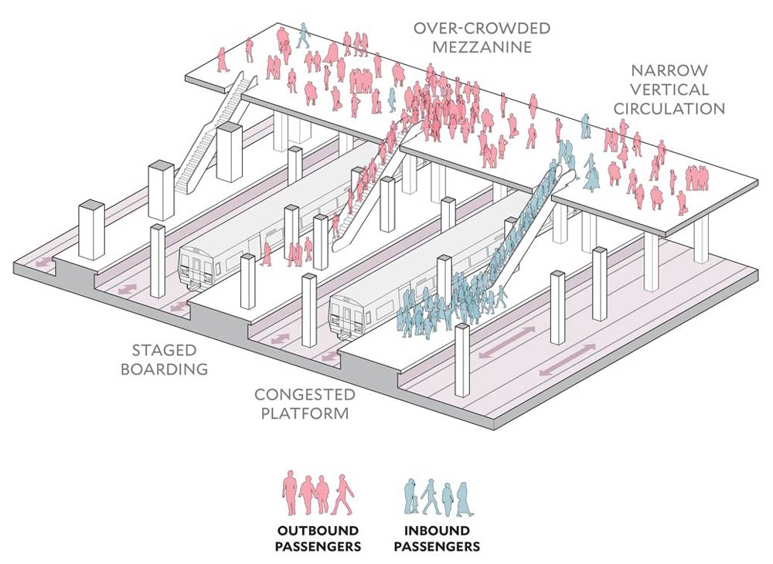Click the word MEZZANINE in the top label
click(481, 46)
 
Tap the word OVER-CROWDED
click(481, 29)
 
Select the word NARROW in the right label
click(669, 70)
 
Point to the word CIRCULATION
click(669, 109)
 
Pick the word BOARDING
click(164, 369)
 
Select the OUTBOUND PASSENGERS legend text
click(319, 539)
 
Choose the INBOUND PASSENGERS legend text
click(437, 539)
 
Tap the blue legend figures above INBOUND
click(437, 495)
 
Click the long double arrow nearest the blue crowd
click(506, 342)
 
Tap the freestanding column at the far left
click(91, 229)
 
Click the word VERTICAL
click(669, 90)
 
